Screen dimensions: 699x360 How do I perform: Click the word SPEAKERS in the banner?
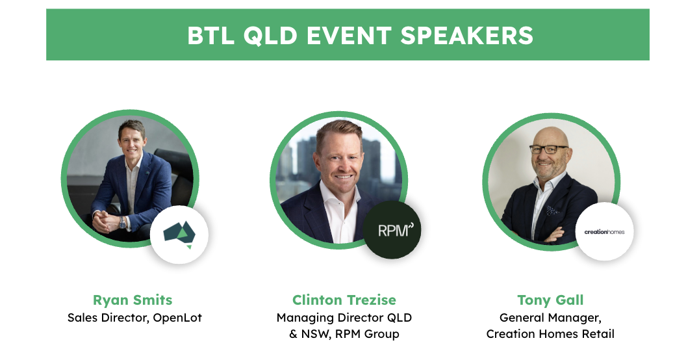point(466,36)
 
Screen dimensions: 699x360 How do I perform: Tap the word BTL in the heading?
point(210,36)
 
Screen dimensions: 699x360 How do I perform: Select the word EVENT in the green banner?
point(349,36)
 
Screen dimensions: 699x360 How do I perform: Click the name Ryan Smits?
point(133,300)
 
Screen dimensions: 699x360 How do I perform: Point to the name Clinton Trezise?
point(344,300)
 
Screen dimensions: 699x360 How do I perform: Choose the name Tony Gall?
point(550,300)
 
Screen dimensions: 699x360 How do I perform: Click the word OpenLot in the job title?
point(177,318)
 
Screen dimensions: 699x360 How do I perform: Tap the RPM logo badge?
point(392,230)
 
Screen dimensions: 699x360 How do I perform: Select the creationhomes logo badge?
point(605,231)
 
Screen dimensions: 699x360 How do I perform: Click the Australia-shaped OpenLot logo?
point(180,233)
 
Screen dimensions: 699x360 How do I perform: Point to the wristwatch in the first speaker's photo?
point(122,222)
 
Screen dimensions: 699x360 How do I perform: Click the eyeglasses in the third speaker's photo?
point(549,149)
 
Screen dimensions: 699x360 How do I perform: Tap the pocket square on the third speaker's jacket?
point(553,210)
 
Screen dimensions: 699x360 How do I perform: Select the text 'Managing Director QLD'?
point(344,318)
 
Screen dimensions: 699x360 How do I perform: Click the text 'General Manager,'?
point(550,318)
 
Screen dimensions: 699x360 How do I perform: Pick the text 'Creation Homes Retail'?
point(550,334)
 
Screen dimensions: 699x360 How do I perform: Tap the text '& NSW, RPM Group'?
point(344,334)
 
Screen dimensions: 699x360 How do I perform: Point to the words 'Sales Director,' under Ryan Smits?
point(108,318)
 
